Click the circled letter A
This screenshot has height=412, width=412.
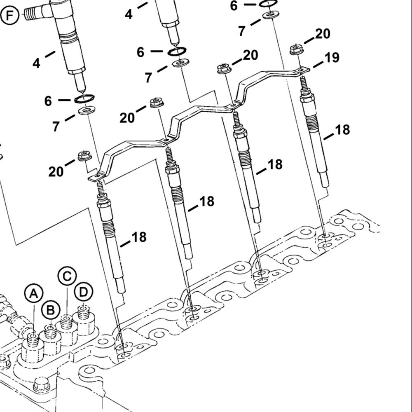tap(34, 294)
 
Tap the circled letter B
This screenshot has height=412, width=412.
tap(50, 310)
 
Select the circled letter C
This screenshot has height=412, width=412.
tap(67, 276)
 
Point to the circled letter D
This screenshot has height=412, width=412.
tap(84, 293)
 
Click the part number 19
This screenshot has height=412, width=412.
tap(332, 58)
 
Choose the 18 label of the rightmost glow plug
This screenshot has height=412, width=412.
tap(342, 130)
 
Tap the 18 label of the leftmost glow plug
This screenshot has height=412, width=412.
tap(139, 237)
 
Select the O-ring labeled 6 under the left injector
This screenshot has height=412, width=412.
tap(84, 99)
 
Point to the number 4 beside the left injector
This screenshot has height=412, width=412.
tap(37, 63)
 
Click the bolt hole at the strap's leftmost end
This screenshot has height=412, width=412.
tap(98, 177)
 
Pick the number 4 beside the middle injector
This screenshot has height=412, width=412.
tap(129, 15)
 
